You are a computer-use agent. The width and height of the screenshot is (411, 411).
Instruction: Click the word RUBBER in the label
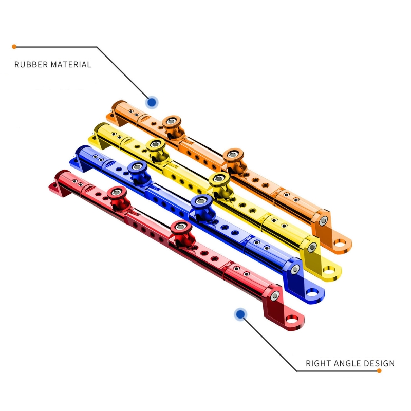point(31,65)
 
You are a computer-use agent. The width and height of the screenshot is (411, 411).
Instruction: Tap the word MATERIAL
point(71,65)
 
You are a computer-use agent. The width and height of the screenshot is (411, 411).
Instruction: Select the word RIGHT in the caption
point(316,363)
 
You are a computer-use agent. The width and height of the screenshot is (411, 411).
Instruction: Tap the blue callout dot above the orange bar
point(152,102)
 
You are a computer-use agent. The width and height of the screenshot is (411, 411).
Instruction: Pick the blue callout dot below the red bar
point(240,314)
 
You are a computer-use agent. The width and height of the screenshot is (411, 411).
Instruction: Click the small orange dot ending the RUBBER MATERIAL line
point(14,47)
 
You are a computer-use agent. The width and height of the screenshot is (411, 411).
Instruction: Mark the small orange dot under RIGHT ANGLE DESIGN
point(379,370)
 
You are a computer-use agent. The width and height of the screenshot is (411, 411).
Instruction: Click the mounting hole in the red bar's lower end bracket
point(291,320)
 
